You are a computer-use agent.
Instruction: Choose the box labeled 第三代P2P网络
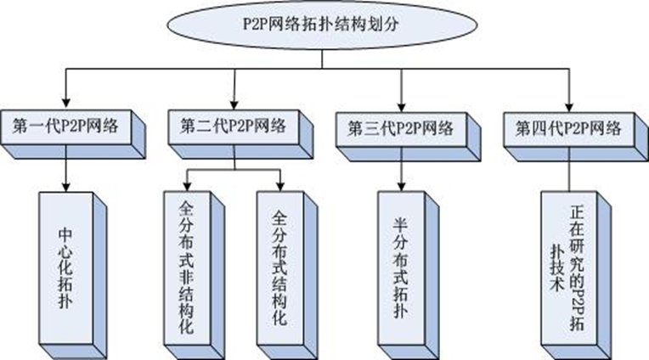click(x=400, y=129)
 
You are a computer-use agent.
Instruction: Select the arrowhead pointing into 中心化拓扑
click(x=65, y=188)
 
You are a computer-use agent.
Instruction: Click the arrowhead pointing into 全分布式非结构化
click(x=188, y=188)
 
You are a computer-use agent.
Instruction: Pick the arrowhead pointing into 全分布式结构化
click(x=280, y=188)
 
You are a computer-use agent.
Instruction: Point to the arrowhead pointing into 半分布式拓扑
click(x=400, y=188)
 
